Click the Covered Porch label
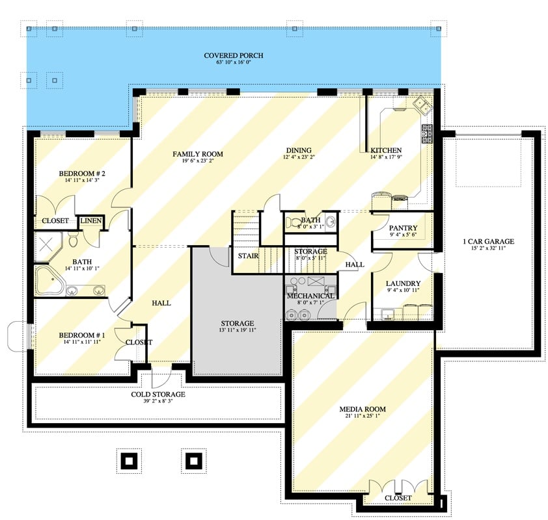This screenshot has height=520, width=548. [x=233, y=56]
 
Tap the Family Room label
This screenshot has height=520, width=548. [x=197, y=154]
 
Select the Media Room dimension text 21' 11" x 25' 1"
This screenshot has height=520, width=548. [x=362, y=417]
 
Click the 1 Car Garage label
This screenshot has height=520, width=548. [x=488, y=242]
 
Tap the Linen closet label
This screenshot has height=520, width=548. [x=91, y=222]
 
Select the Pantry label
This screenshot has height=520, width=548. [x=402, y=228]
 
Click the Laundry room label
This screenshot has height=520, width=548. [x=402, y=283]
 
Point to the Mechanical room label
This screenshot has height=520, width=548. [x=310, y=296]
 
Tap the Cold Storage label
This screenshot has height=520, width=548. [x=158, y=394]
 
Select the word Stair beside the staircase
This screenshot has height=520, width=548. [x=248, y=255]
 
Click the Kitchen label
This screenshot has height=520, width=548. [x=387, y=149]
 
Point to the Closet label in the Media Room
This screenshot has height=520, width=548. [x=398, y=498]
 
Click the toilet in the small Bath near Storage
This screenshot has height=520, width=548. [x=294, y=222]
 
